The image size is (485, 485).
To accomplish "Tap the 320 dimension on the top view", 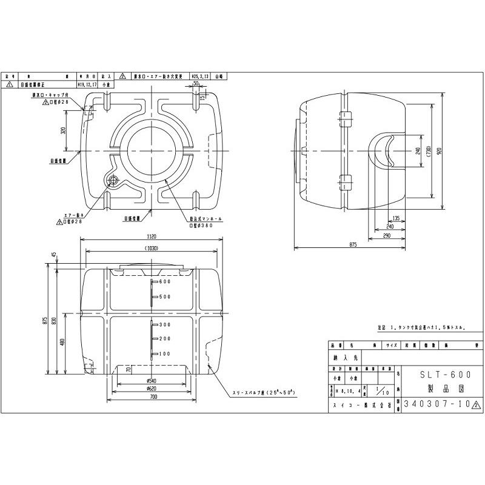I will [63, 130].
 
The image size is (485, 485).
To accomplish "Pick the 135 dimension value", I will [395, 218].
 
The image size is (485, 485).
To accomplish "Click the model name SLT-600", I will [440, 374].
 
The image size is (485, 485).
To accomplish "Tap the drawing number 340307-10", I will [436, 403].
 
